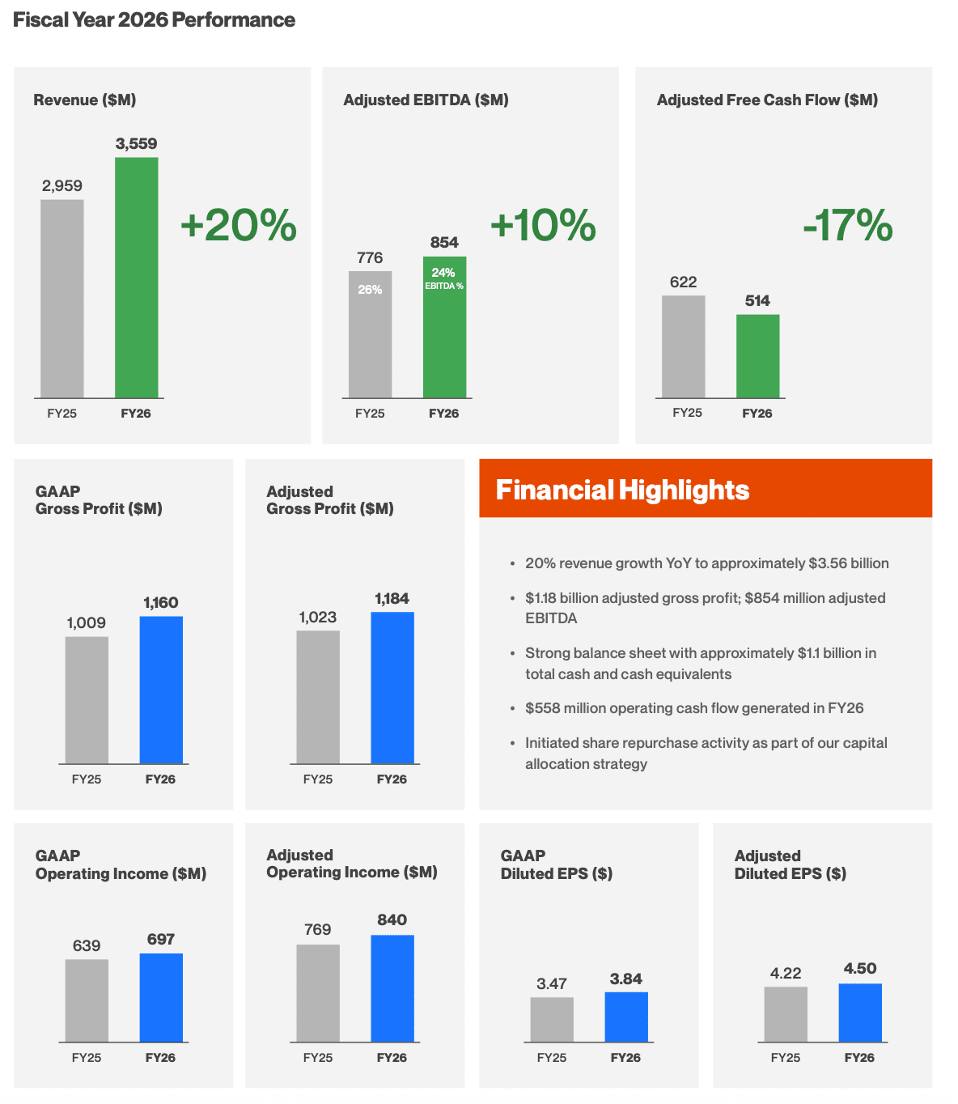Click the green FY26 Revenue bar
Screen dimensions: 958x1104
click(136, 277)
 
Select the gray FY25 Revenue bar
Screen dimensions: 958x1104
click(62, 298)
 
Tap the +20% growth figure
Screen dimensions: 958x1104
click(238, 225)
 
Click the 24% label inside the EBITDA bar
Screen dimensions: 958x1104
click(443, 273)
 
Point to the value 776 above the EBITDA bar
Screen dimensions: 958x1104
click(370, 257)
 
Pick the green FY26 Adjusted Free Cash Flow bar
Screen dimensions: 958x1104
click(757, 355)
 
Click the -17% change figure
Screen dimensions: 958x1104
click(847, 225)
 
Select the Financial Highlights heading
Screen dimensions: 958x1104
click(622, 490)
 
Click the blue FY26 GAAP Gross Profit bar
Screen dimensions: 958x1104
click(161, 689)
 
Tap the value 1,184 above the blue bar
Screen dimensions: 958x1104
click(392, 598)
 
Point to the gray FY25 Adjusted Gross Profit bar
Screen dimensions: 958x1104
click(318, 697)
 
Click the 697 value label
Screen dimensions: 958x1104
click(161, 939)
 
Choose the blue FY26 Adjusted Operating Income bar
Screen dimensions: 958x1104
click(392, 987)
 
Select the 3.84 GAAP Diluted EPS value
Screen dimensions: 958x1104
click(625, 979)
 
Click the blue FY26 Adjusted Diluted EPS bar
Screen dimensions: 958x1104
click(860, 1012)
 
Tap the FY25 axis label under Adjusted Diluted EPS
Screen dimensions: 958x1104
click(785, 1057)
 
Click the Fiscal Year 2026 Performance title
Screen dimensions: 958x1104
click(154, 20)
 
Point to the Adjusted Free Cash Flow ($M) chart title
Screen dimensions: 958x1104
click(767, 100)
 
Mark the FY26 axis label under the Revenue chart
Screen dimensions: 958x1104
click(135, 414)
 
